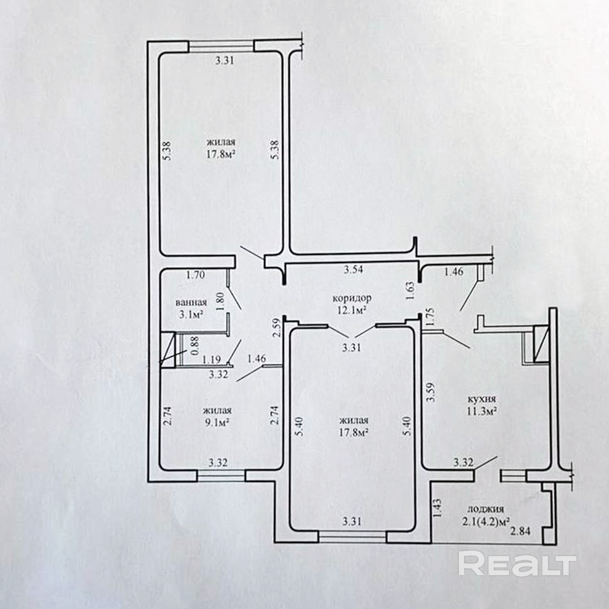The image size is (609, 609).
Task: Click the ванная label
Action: coord(191,303)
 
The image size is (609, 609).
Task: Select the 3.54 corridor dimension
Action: coord(353,269)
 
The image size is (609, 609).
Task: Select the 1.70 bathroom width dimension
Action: coord(195,275)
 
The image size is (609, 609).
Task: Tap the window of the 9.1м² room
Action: coord(221,476)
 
